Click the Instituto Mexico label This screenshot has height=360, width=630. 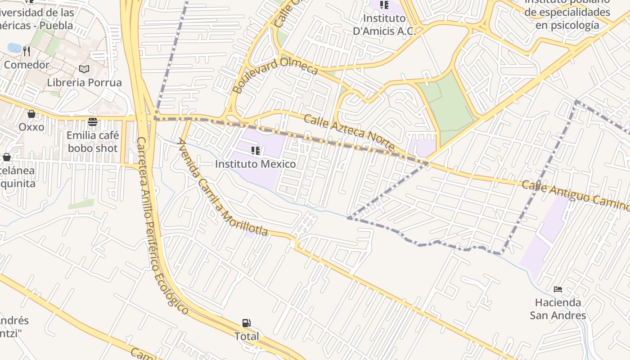255,164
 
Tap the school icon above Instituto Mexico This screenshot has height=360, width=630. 256,151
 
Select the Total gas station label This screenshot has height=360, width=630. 247,336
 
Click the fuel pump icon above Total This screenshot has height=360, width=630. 246,323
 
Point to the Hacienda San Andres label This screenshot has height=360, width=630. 558,309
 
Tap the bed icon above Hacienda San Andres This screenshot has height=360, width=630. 558,289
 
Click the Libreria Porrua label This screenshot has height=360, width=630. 84,82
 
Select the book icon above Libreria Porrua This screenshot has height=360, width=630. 84,69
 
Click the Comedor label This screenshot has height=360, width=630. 27,65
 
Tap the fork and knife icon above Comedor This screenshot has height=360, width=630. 27,51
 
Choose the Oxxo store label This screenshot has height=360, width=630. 31,127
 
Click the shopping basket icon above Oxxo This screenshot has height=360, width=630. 31,114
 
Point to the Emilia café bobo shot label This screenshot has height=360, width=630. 93,142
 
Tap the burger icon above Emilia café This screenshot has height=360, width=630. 93,122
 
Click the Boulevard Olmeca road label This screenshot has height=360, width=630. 276,75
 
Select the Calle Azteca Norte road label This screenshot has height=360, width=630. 349,133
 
